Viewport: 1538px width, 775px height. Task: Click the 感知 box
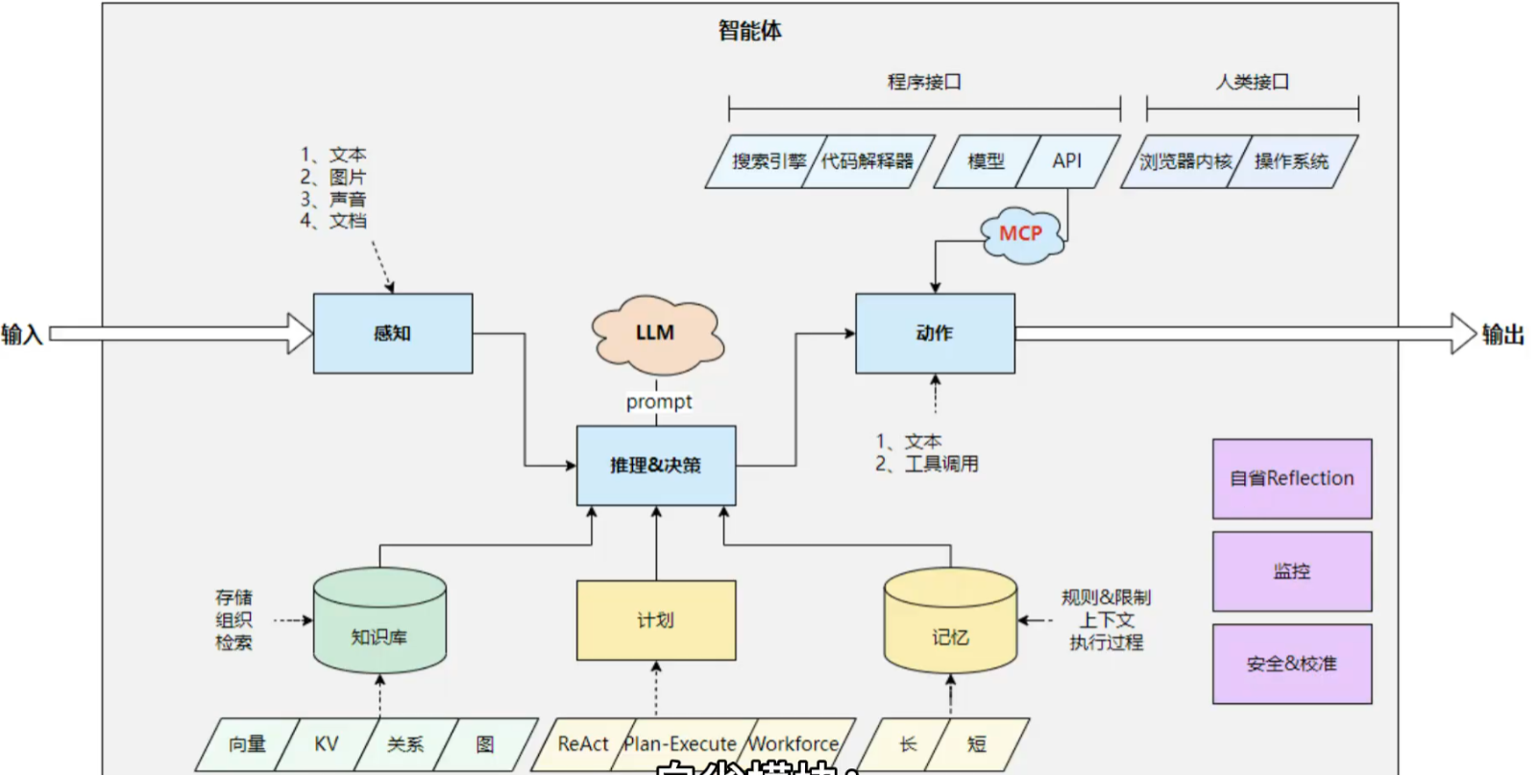pos(392,333)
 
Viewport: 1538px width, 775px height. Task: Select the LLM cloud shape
pos(656,333)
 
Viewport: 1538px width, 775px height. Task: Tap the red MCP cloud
pos(1020,233)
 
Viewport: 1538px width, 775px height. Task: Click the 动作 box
pos(935,333)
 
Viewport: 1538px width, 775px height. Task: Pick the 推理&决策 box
pos(656,466)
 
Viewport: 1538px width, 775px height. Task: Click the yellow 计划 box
pos(656,620)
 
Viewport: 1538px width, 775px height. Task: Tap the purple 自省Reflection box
pos(1292,478)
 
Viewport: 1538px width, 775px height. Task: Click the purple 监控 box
pos(1292,571)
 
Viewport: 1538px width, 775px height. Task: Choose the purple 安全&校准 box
pos(1292,664)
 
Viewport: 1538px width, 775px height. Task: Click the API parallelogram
pos(1067,161)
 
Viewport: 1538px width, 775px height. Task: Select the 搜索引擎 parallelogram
pos(767,161)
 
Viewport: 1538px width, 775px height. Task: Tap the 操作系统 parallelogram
pos(1292,161)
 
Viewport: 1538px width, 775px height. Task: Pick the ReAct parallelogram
pos(583,744)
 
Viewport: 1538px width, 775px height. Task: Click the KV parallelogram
pos(327,744)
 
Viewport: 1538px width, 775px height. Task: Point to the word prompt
pos(659,401)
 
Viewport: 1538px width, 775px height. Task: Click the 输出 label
pos(1503,334)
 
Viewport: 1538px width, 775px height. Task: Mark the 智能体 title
pos(750,31)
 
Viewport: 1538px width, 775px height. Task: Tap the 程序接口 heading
pos(924,82)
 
